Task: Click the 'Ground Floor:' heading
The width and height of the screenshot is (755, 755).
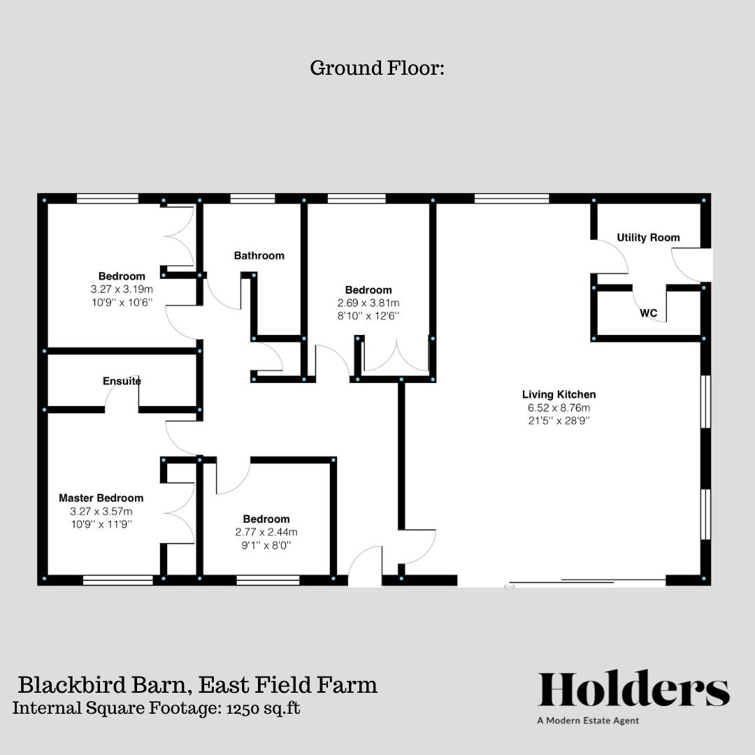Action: (x=377, y=69)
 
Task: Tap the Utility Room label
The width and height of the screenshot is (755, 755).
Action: (x=648, y=238)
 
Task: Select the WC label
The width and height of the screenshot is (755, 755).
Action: (x=648, y=313)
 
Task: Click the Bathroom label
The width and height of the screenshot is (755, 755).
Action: (x=259, y=256)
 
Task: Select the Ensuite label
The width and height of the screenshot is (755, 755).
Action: (x=122, y=381)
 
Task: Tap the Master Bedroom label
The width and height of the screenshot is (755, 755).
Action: (x=101, y=498)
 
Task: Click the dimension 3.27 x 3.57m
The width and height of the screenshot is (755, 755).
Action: (x=101, y=511)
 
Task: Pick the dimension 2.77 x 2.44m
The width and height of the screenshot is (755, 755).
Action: (x=266, y=532)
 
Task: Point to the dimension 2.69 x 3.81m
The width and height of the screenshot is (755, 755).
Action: (x=368, y=303)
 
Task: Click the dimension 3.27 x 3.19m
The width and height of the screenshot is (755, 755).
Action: (x=122, y=289)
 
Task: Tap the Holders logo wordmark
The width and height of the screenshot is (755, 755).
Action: (x=633, y=689)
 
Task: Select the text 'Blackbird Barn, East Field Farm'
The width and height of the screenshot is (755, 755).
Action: (x=197, y=684)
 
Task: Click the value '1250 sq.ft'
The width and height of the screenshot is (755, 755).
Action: (x=263, y=707)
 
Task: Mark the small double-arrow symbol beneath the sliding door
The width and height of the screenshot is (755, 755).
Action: (x=510, y=587)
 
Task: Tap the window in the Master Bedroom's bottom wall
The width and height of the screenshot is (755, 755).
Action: (x=117, y=580)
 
